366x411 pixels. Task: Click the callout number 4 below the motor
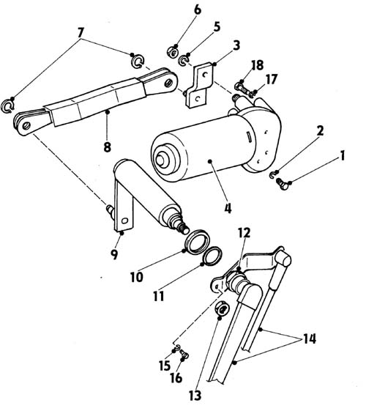pyautogui.click(x=228, y=209)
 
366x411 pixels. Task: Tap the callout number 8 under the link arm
pyautogui.click(x=108, y=147)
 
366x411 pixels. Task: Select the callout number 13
pyautogui.click(x=195, y=396)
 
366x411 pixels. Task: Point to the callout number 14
pyautogui.click(x=310, y=338)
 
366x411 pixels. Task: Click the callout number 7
pyautogui.click(x=81, y=33)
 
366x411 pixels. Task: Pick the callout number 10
pyautogui.click(x=137, y=277)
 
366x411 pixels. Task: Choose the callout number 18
pyautogui.click(x=258, y=65)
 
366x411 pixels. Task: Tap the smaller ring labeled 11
pyautogui.click(x=212, y=256)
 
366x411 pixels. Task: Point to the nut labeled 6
pyautogui.click(x=173, y=51)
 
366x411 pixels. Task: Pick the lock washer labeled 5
pyautogui.click(x=184, y=60)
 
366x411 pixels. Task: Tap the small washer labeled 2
pyautogui.click(x=272, y=174)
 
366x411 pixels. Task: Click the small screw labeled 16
pyautogui.click(x=185, y=355)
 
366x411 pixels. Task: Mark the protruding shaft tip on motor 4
pyautogui.click(x=160, y=160)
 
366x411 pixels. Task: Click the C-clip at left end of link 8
pyautogui.click(x=7, y=106)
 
